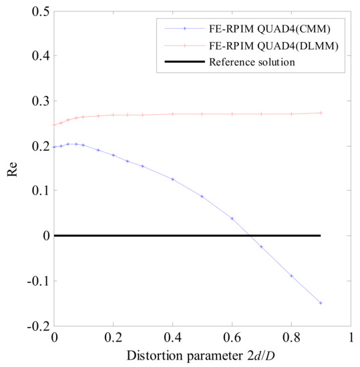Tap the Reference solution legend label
pos(252,63)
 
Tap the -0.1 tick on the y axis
pos(37,280)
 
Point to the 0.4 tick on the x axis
pos(172,338)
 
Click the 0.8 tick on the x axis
pos(291,338)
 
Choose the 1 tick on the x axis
pos(351,338)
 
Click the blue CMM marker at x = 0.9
pos(321,303)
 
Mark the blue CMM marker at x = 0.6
pos(232,218)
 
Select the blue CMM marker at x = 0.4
pos(172,179)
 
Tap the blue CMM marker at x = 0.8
pos(291,276)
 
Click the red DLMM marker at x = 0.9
pos(321,113)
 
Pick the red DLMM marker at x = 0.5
pos(202,114)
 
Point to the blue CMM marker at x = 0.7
pos(261,246)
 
